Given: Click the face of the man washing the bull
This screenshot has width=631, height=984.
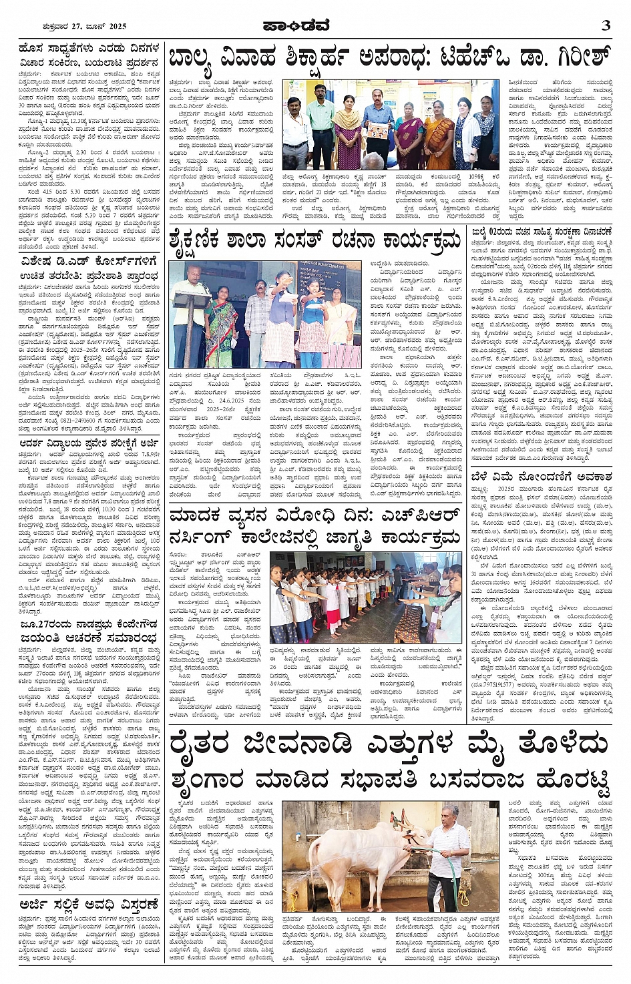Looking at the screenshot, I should pos(450,818).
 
